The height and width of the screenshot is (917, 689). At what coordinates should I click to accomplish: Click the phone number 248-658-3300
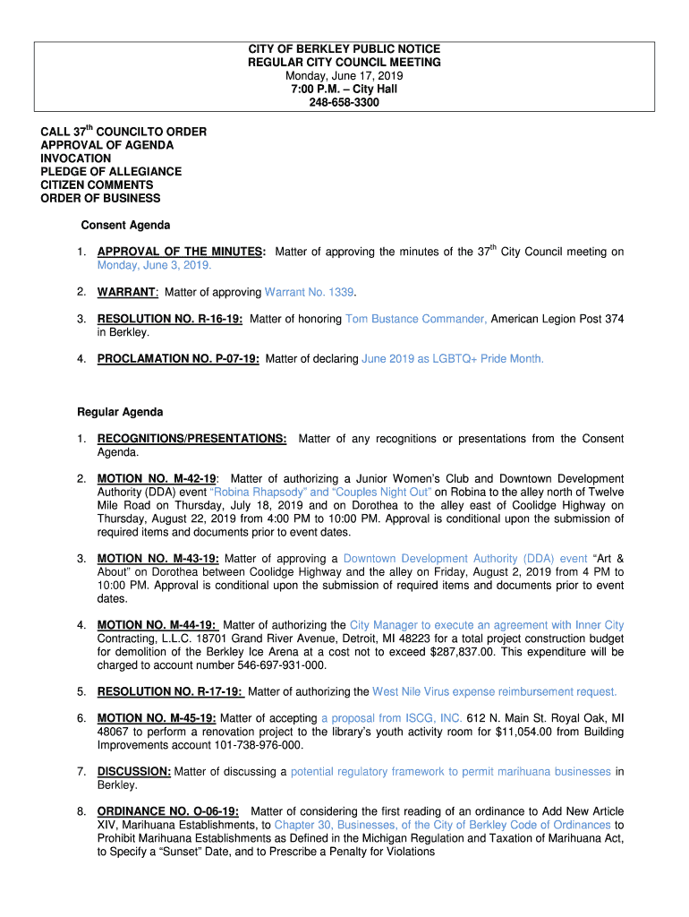(x=344, y=103)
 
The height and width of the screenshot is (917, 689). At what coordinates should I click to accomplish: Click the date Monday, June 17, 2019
(x=344, y=76)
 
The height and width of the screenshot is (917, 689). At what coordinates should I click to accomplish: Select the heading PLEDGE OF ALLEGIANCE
(x=111, y=171)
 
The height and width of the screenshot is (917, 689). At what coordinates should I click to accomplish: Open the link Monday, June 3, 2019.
(x=154, y=266)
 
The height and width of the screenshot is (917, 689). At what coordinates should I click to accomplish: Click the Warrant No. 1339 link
(x=310, y=293)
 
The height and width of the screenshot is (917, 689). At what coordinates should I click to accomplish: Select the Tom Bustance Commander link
(x=416, y=319)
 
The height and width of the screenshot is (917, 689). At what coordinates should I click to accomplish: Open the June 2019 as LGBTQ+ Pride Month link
(x=452, y=359)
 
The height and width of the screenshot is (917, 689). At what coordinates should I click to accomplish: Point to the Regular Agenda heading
(x=120, y=412)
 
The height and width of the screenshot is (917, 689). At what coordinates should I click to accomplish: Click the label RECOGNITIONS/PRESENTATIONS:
(x=191, y=439)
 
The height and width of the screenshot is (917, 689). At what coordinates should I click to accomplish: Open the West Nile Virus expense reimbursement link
(x=494, y=691)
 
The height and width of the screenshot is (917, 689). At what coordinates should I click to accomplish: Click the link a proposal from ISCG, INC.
(x=391, y=718)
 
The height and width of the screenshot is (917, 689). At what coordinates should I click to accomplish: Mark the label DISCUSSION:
(x=134, y=771)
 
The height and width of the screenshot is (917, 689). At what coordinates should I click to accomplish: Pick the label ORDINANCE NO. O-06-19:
(x=167, y=811)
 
